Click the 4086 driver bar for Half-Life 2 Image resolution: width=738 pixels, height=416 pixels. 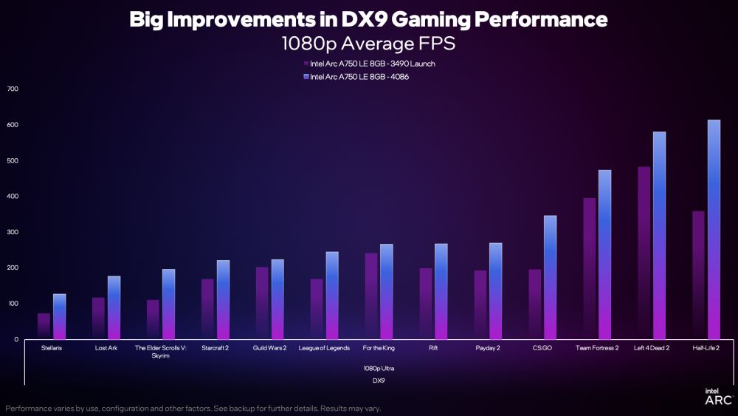714,229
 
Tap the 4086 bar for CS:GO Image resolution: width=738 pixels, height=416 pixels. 550,277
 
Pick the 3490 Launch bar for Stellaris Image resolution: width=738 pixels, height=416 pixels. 44,326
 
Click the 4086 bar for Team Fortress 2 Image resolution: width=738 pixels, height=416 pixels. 604,254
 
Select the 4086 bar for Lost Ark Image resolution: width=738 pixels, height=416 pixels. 114,307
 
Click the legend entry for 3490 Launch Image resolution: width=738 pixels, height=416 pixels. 369,64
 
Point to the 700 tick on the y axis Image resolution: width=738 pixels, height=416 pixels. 12,89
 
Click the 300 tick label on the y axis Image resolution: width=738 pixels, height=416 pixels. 12,232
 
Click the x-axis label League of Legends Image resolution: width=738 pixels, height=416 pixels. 323,347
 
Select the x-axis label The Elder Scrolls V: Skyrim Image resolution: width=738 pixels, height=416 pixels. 160,351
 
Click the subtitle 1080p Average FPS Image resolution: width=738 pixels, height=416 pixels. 368,44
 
